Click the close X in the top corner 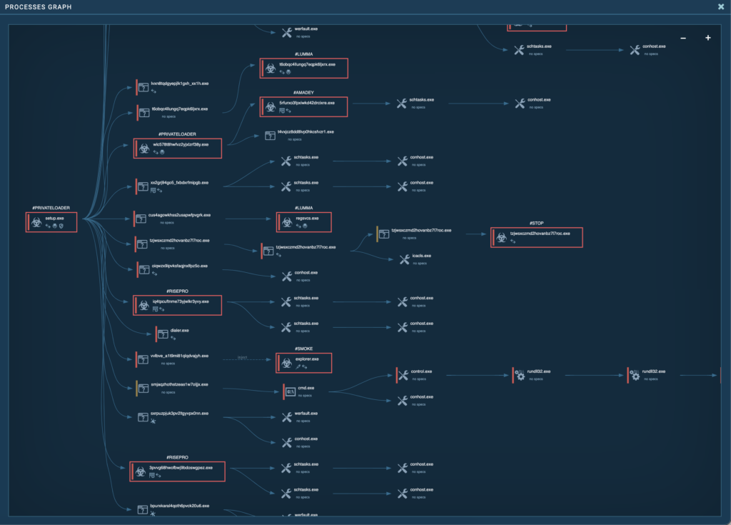click(721, 6)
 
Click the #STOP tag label click(537, 223)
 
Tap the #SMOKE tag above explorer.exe click(303, 349)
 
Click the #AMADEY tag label click(303, 92)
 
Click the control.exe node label click(421, 371)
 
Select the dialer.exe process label click(179, 331)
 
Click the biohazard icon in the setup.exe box click(36, 221)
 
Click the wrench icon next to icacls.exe click(404, 259)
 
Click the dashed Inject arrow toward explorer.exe click(243, 359)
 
